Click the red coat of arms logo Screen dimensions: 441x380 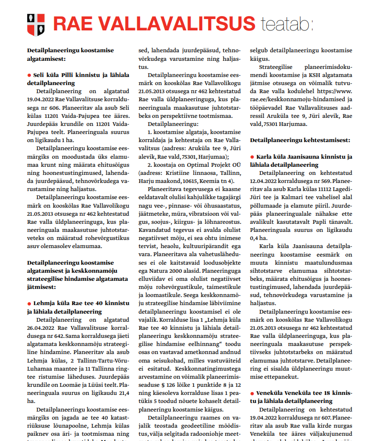pyautogui.click(x=36, y=24)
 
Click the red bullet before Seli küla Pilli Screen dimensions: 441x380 pyautogui.click(x=29, y=75)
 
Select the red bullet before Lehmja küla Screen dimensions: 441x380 pyautogui.click(x=29, y=303)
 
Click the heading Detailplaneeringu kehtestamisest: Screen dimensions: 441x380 pyautogui.click(x=300, y=140)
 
